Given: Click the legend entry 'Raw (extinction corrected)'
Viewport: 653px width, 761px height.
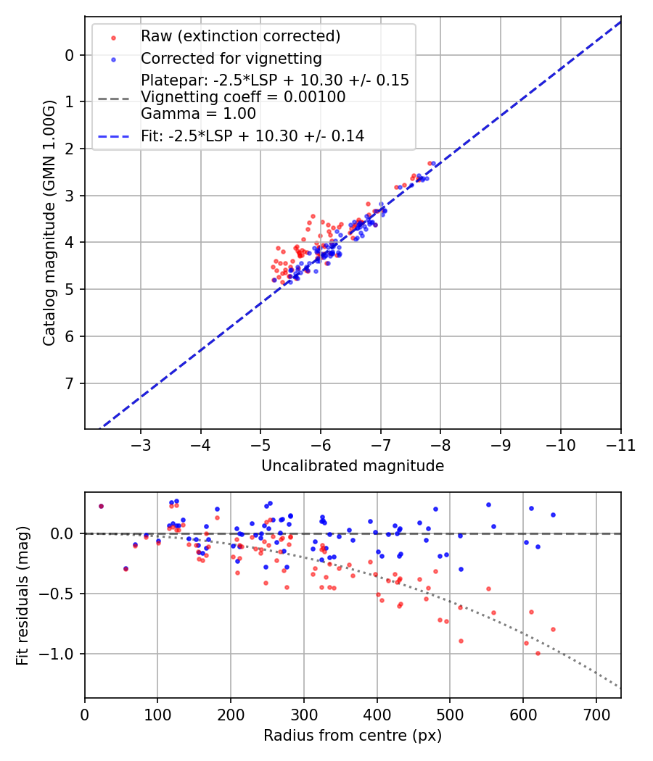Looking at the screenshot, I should [240, 36].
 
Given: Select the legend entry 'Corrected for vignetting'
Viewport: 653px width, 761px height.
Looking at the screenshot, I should [231, 58].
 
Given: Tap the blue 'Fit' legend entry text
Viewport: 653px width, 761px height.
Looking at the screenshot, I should [252, 136].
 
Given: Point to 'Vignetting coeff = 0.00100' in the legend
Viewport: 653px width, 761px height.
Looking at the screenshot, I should [243, 96].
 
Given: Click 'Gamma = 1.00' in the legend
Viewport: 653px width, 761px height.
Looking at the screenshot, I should [198, 113].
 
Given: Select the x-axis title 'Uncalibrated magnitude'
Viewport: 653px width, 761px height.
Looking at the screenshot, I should [353, 466].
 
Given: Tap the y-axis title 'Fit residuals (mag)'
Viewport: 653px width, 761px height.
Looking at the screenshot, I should [22, 595].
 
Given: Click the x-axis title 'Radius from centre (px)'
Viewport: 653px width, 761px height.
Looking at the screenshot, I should [353, 736].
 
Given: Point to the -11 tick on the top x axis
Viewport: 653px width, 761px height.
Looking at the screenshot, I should [620, 444].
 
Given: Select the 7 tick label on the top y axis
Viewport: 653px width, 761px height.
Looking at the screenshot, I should [70, 383].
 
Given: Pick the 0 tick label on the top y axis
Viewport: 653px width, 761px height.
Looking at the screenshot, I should [70, 55].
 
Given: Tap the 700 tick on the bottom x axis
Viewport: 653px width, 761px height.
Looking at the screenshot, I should [596, 713].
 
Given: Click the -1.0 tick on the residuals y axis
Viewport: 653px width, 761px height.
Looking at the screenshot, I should [62, 654].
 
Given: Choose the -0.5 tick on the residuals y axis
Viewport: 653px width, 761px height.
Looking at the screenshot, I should [62, 594].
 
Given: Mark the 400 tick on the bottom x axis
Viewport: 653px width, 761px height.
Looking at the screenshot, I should [377, 713].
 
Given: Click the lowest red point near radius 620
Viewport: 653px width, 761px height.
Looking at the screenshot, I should [538, 653].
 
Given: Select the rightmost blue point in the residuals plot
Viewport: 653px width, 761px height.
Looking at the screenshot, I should [553, 515].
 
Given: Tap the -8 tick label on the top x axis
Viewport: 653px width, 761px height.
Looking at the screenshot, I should [440, 444].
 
